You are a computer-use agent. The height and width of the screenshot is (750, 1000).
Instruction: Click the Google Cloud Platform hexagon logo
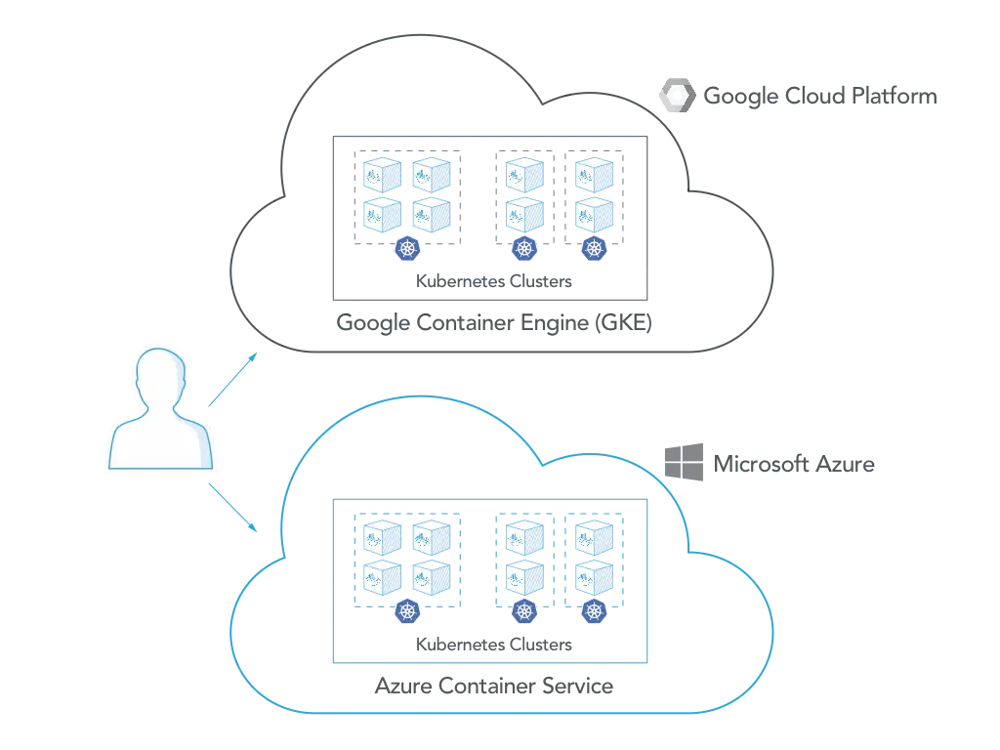[678, 95]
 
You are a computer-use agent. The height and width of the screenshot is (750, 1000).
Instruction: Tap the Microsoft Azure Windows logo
[684, 462]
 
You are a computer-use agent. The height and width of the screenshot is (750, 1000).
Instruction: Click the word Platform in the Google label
[895, 96]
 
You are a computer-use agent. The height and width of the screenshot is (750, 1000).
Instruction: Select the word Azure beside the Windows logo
[845, 464]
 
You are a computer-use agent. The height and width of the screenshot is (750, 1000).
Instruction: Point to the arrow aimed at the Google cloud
[232, 380]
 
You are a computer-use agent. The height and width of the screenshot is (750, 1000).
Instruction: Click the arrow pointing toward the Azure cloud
[232, 508]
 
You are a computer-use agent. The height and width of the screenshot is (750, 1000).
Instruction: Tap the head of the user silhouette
[160, 376]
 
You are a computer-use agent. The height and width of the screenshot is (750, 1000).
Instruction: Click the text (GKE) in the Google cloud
[623, 322]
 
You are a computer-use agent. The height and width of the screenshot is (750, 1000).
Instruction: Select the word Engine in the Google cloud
[555, 323]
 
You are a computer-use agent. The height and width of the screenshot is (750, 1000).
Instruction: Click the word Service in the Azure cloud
[578, 686]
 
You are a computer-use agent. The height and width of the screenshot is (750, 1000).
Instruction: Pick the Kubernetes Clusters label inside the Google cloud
[493, 281]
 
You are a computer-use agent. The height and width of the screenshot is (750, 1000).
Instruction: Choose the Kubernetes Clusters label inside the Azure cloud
[493, 645]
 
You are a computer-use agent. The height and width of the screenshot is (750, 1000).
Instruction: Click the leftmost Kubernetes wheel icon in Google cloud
[407, 248]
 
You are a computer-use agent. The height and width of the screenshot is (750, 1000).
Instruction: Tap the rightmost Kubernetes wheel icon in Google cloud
[595, 248]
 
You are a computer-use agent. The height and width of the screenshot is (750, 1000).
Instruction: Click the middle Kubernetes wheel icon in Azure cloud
[524, 611]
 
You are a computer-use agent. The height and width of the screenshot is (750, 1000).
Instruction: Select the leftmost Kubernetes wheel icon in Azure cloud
[407, 611]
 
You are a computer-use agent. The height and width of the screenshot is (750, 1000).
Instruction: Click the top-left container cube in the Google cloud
[382, 175]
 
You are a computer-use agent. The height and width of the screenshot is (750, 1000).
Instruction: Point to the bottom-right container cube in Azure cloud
[594, 578]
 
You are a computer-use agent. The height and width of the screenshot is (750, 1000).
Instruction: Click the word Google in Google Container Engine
[373, 323]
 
